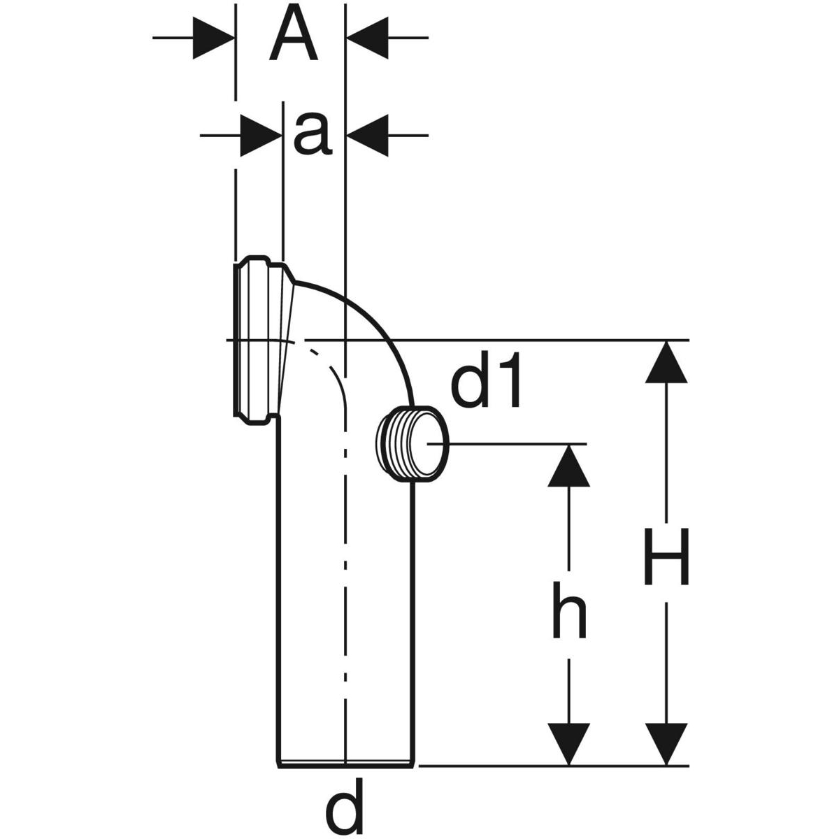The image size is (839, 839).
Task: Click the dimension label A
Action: (x=294, y=36)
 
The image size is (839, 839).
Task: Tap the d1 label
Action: (x=487, y=385)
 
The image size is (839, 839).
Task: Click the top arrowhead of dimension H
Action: (x=666, y=361)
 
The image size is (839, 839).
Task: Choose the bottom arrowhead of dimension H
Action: (x=666, y=744)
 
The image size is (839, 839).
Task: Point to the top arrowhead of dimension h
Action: (x=568, y=465)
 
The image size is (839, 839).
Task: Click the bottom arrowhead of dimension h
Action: (x=568, y=744)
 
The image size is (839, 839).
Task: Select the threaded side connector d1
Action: (x=408, y=443)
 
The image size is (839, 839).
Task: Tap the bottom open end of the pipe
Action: (x=347, y=763)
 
